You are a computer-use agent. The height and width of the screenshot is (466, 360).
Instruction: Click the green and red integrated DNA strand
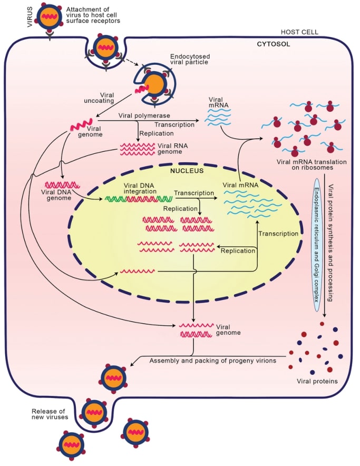(139, 199)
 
